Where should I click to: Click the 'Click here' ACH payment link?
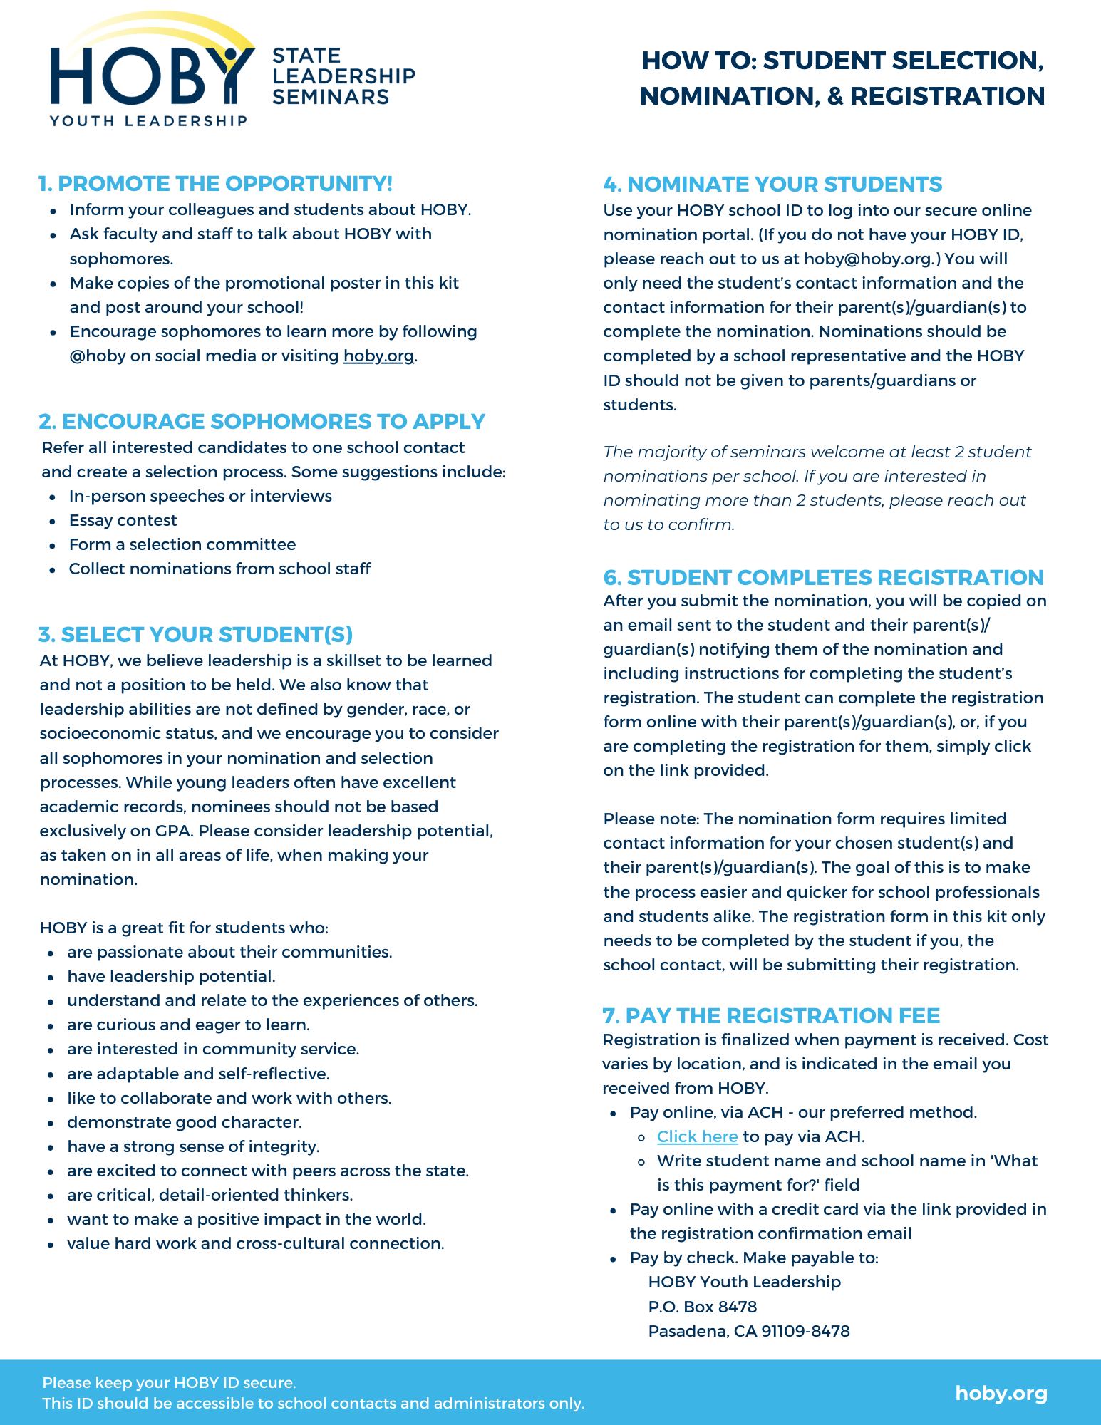point(697,1136)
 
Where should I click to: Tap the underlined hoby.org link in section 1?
point(378,356)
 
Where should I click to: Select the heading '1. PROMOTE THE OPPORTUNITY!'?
point(215,184)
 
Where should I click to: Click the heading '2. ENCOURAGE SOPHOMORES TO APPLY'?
point(262,422)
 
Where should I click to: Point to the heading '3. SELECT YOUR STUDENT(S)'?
point(196,635)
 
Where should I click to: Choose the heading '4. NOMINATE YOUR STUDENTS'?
point(772,185)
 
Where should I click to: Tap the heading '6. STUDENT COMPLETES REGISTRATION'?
point(823,577)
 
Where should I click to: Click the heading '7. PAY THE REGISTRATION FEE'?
point(771,1015)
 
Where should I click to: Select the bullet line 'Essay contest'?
point(123,521)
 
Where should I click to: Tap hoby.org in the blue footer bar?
point(1001,1393)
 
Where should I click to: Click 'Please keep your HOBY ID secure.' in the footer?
point(169,1383)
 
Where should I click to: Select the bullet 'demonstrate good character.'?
point(184,1122)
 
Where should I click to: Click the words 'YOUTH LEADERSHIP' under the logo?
point(148,121)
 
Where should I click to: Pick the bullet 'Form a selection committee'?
point(182,545)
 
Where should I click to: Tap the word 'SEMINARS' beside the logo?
point(331,97)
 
